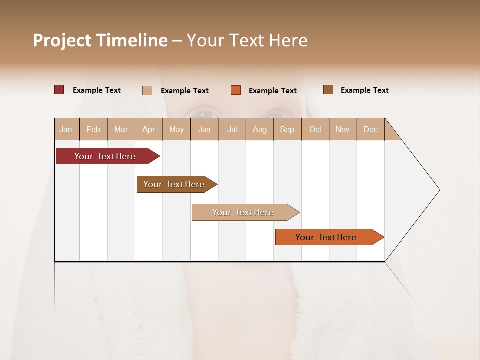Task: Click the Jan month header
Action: click(x=66, y=129)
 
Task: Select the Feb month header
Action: click(x=93, y=129)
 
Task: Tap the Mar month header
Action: click(x=121, y=129)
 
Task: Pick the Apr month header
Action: click(x=149, y=129)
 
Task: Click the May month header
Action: click(x=176, y=129)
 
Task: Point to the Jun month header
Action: click(x=204, y=129)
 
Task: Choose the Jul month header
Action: click(x=232, y=129)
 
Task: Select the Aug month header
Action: click(x=260, y=129)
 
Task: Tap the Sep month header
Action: click(x=287, y=129)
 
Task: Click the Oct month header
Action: click(x=315, y=129)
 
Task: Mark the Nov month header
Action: click(x=343, y=129)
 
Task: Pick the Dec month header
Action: click(x=371, y=129)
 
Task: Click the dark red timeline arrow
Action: click(x=105, y=156)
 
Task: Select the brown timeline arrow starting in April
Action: click(x=174, y=184)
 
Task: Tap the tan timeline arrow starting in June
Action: click(x=243, y=212)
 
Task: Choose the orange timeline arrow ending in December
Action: click(x=326, y=237)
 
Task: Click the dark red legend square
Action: click(x=59, y=90)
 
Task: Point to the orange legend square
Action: click(x=236, y=90)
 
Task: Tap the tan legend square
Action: click(x=147, y=90)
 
